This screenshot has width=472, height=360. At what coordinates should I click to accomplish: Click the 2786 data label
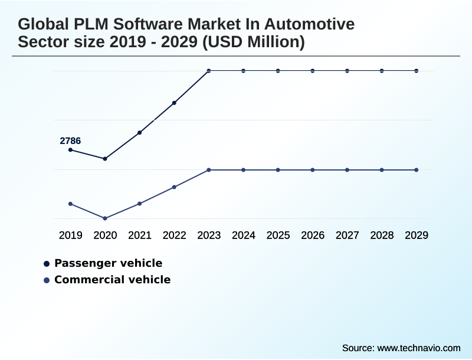pos(70,141)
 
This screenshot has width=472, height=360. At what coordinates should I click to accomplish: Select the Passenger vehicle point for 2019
pos(70,150)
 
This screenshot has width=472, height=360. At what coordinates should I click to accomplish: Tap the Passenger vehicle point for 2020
pos(105,159)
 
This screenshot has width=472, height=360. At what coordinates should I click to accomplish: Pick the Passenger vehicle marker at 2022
pos(174,103)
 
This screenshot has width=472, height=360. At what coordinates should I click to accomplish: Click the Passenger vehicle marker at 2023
pos(209,71)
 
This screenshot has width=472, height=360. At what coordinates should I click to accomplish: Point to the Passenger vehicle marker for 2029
pos(417,71)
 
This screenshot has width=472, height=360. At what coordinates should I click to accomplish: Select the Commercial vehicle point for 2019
pos(70,204)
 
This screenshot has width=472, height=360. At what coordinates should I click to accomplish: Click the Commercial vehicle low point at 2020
pos(105,218)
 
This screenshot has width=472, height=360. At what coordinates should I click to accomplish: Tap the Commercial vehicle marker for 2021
pos(140,204)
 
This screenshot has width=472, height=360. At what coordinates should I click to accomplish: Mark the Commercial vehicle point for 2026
pos(313,170)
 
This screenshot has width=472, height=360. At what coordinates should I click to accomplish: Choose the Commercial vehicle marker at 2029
pos(417,170)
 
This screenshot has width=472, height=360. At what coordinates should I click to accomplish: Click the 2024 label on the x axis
pos(244,235)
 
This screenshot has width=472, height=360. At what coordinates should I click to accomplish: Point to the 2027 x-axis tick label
pos(348,235)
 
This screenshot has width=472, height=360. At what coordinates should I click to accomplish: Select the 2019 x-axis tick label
pos(70,235)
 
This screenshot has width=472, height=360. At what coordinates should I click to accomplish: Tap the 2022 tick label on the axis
pos(174,235)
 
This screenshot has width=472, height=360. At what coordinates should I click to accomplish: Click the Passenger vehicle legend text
pos(108,263)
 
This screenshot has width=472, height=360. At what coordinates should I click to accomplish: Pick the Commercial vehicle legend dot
pos(47,280)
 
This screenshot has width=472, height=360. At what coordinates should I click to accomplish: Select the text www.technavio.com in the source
pos(418,348)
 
